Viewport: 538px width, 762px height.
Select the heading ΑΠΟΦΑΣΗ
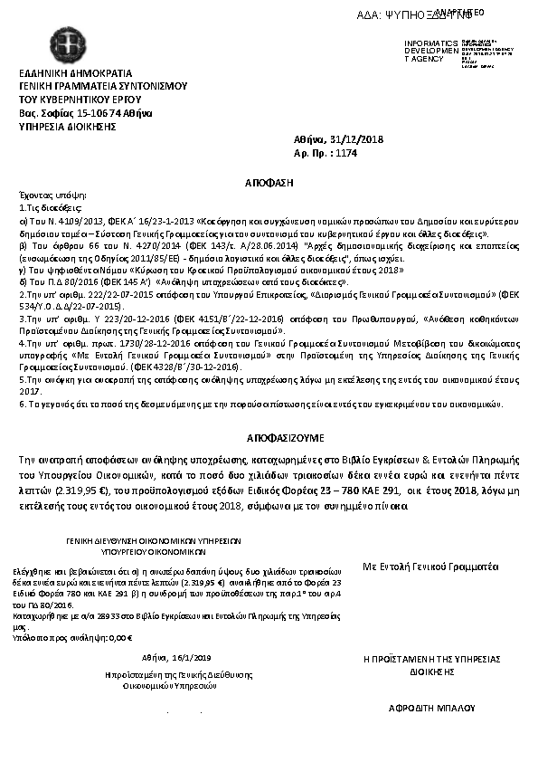click(x=269, y=183)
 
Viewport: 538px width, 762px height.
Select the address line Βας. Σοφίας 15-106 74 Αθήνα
click(x=86, y=113)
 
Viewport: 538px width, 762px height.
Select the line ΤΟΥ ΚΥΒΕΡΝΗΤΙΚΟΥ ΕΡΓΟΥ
click(x=70, y=100)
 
